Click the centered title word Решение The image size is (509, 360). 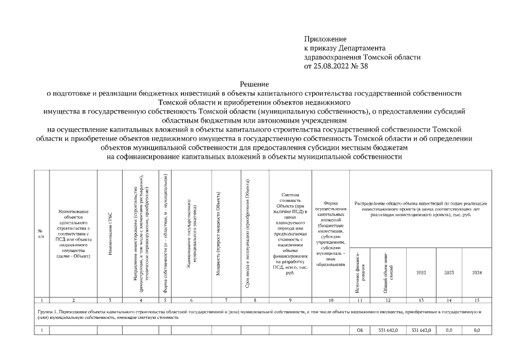pos(254,83)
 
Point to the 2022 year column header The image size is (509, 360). pos(421,272)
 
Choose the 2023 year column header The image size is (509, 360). pos(449,272)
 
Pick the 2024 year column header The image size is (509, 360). pos(476,272)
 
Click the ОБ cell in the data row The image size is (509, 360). pos(360,330)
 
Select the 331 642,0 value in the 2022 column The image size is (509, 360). pos(421,330)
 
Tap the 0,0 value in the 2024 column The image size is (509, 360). pos(476,330)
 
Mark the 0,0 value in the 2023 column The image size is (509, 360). pos(449,330)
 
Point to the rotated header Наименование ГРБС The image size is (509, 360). pos(110,233)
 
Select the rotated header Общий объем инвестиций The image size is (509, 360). pos(388,272)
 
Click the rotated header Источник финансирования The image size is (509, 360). pos(360,272)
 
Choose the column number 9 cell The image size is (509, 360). pos(289,300)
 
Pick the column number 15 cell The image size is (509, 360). pos(476,300)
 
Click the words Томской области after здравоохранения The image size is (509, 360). pos(388,57)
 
